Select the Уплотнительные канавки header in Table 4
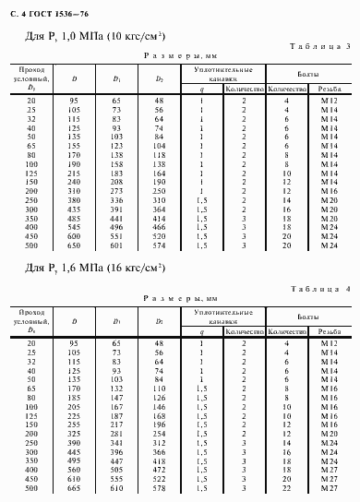click(222, 318)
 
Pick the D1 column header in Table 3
click(116, 79)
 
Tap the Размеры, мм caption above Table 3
click(180, 56)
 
